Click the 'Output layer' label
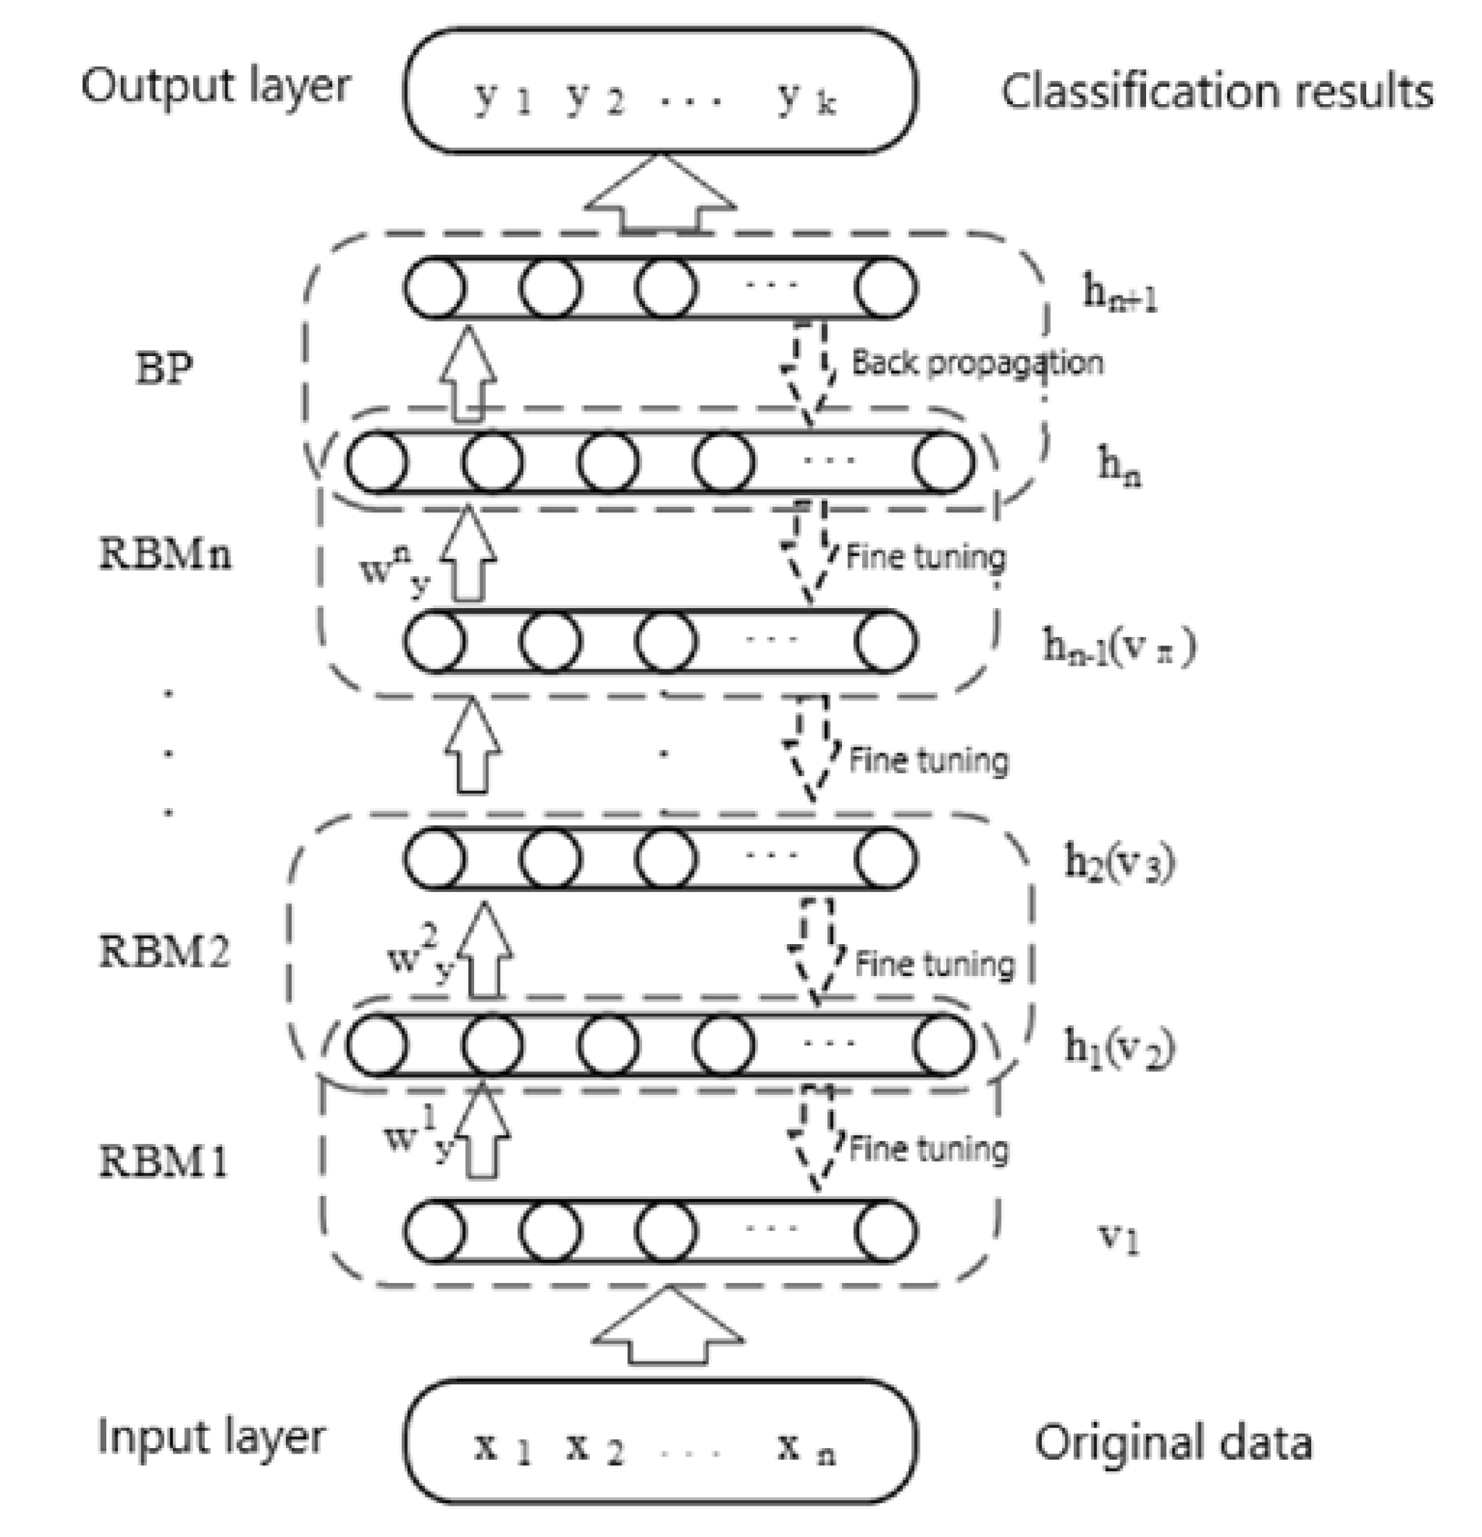coord(216,86)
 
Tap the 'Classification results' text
coord(1217,92)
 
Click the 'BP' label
coord(164,368)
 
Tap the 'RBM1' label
coord(163,1161)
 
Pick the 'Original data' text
coord(1173,1443)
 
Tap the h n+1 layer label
coord(1120,295)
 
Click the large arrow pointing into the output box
coord(661,196)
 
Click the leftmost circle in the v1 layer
coord(435,1231)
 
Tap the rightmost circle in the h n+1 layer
coord(885,288)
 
